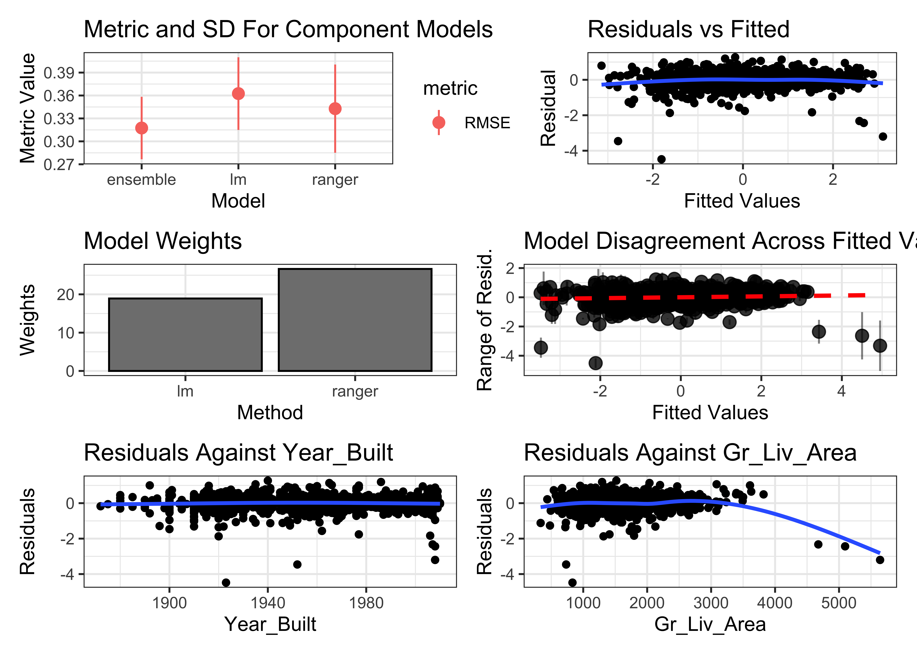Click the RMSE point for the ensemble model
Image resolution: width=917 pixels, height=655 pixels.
[142, 128]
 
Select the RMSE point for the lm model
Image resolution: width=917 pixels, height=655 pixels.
[238, 94]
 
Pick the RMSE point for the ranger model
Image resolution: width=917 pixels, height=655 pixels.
[335, 109]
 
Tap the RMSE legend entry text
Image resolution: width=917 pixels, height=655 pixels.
[487, 123]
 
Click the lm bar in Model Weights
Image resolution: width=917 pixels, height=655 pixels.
[185, 335]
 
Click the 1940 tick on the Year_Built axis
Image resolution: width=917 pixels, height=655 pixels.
[268, 603]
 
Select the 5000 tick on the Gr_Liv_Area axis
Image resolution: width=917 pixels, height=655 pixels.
[839, 603]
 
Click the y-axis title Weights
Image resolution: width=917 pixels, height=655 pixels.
[27, 320]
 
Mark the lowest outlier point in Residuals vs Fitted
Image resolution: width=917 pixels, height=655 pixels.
[661, 159]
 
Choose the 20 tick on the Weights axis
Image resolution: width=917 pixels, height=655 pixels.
[65, 295]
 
